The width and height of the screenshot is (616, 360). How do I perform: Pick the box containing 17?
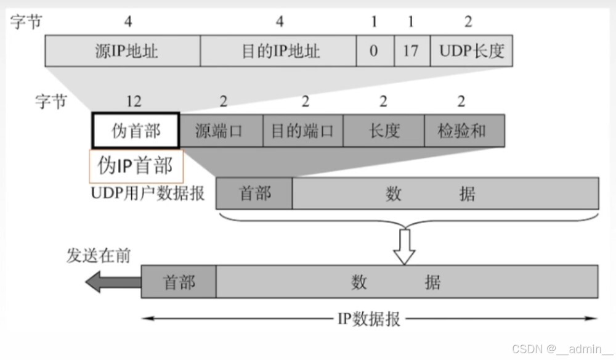411,51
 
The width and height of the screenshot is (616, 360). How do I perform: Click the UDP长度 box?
472,51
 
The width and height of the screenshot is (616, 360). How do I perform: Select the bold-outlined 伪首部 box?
136,130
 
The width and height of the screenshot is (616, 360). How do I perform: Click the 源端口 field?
221,130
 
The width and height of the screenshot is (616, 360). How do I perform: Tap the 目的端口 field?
302,130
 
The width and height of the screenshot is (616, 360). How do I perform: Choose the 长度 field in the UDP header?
384,130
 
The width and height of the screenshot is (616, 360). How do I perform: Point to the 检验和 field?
464,130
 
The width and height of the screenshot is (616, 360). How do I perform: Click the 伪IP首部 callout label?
136,166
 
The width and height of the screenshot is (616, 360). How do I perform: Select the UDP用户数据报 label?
148,194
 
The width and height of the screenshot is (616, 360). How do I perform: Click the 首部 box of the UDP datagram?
254,194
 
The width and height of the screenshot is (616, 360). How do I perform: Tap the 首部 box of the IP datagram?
179,282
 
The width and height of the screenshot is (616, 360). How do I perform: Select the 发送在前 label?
99,256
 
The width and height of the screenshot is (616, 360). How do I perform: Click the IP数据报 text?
369,319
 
